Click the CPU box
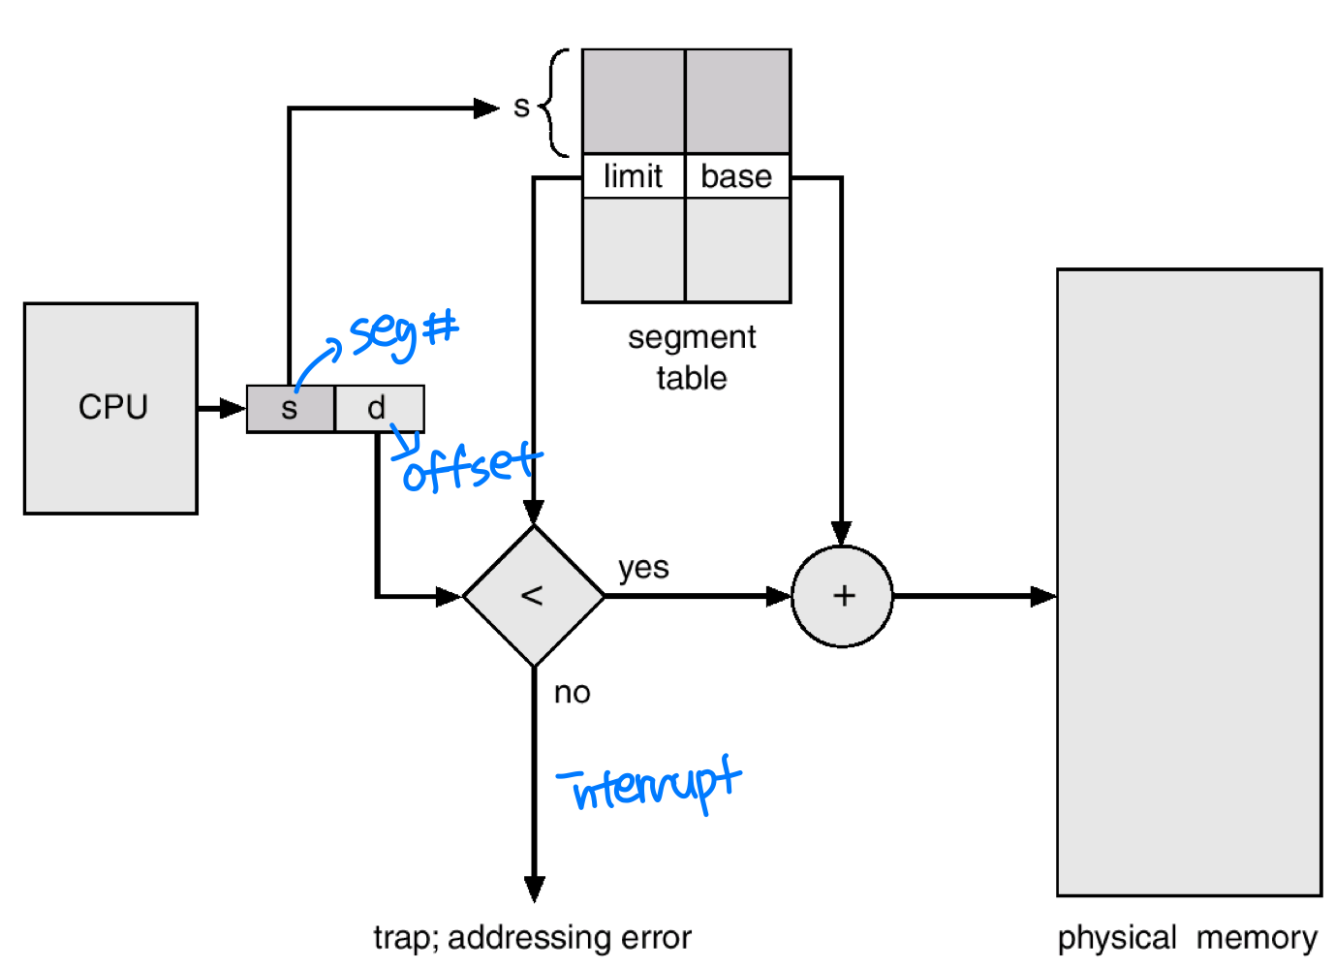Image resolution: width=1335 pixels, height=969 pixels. point(111,408)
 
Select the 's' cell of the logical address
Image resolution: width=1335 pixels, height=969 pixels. point(290,409)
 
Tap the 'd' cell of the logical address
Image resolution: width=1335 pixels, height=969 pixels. point(379,409)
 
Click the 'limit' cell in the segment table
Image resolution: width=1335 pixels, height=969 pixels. point(634,176)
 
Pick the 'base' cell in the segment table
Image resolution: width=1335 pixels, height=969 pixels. point(737,176)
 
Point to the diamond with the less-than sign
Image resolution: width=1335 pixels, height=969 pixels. point(534,596)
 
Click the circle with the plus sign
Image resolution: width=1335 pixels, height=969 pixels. point(843,596)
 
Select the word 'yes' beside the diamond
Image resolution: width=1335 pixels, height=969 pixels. point(643,567)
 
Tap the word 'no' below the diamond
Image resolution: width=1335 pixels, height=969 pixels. point(572,693)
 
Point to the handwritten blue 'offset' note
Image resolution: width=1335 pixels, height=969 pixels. point(470,467)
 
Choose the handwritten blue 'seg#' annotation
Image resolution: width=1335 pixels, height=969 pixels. point(402,332)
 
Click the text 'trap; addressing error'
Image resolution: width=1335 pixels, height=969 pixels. point(532,938)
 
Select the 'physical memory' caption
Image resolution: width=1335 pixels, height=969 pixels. point(1187,938)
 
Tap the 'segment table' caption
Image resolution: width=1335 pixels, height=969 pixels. point(692,358)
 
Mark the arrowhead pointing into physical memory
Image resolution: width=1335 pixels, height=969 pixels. point(1043,596)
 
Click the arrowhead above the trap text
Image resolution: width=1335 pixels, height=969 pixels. point(534,889)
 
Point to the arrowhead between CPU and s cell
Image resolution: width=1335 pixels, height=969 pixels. point(233,409)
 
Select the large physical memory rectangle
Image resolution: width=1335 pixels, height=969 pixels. point(1189,581)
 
